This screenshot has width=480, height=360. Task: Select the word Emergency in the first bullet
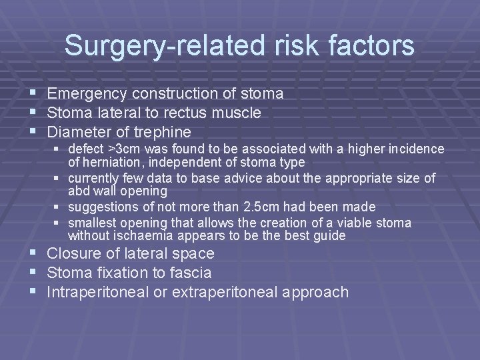pyautogui.click(x=88, y=94)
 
